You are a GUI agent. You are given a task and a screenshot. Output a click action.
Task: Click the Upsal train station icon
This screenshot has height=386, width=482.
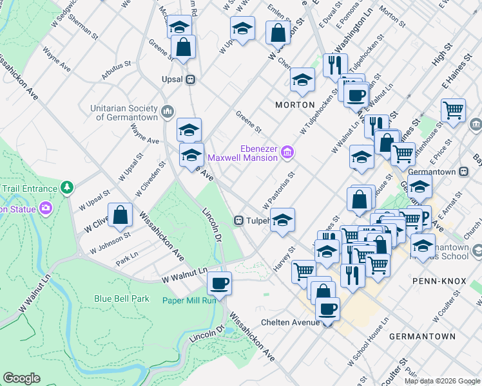point(191,80)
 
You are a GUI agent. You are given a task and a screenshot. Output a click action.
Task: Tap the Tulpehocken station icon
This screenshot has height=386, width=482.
point(238,220)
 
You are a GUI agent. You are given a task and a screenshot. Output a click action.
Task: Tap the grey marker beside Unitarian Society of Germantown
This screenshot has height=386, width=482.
point(168,111)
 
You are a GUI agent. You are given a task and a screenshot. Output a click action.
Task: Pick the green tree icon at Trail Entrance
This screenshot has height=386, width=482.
point(66,187)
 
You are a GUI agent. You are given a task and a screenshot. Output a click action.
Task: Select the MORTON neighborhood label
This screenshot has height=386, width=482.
point(295,104)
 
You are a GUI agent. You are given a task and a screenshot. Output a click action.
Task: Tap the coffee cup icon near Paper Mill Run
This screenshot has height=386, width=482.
point(219,282)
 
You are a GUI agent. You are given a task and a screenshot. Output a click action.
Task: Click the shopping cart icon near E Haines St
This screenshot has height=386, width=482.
point(454,110)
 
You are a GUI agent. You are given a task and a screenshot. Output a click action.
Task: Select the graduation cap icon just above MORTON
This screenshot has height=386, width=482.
point(302,80)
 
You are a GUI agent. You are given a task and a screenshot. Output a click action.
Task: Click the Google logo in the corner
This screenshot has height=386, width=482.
point(22,378)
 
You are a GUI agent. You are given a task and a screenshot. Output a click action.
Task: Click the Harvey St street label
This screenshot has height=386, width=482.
point(287,258)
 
